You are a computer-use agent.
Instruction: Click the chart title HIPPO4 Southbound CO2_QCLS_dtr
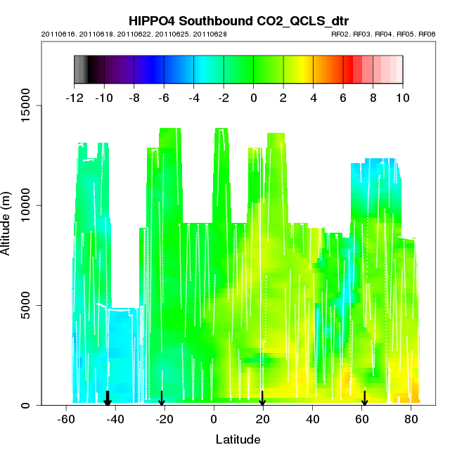(x=238, y=20)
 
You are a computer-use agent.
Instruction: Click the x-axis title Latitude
(x=238, y=439)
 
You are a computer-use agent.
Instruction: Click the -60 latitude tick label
(x=65, y=420)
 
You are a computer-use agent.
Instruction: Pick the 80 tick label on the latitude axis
(x=411, y=420)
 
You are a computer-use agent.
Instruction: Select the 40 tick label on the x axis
(x=312, y=420)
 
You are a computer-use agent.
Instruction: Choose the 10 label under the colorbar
(x=402, y=98)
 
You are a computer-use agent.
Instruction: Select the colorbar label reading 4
(x=313, y=98)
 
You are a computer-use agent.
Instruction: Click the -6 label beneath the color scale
(x=163, y=98)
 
